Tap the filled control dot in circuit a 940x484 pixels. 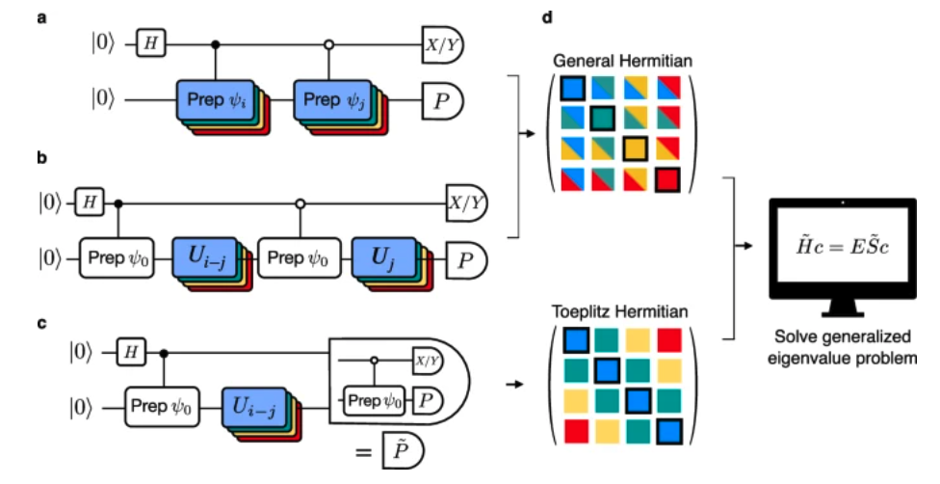pyautogui.click(x=216, y=43)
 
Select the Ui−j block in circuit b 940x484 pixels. pyautogui.click(x=206, y=257)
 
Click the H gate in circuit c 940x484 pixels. pyautogui.click(x=130, y=353)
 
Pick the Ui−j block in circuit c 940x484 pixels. pyautogui.click(x=256, y=407)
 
